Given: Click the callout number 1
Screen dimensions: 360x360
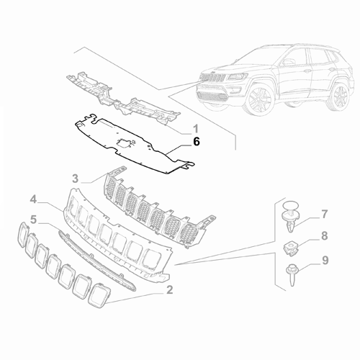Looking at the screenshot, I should tap(195, 129).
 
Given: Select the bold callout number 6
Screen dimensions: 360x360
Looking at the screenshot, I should tap(195, 143).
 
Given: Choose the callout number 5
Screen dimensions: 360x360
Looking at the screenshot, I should tap(53, 217).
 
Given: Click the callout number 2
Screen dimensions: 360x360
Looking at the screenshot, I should tap(169, 290).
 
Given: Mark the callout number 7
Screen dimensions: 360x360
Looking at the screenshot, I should tap(325, 214).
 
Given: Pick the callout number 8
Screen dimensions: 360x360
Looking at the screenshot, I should tap(325, 235).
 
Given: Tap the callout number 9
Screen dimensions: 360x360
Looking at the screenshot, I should tap(325, 260).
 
